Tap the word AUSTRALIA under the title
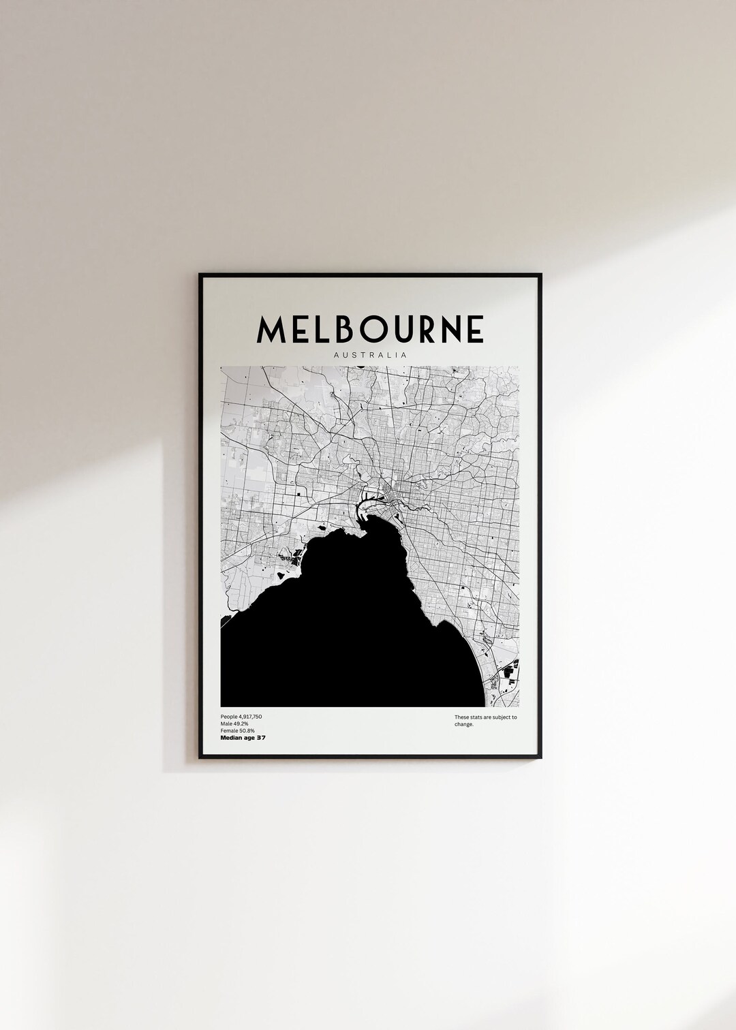[370, 355]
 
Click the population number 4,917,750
[249, 717]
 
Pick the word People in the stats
[228, 717]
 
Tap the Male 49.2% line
[234, 724]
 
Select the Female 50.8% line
[238, 731]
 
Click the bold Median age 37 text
[243, 738]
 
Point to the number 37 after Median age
[260, 738]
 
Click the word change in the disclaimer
[464, 724]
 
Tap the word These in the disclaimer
[461, 717]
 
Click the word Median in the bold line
[230, 738]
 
